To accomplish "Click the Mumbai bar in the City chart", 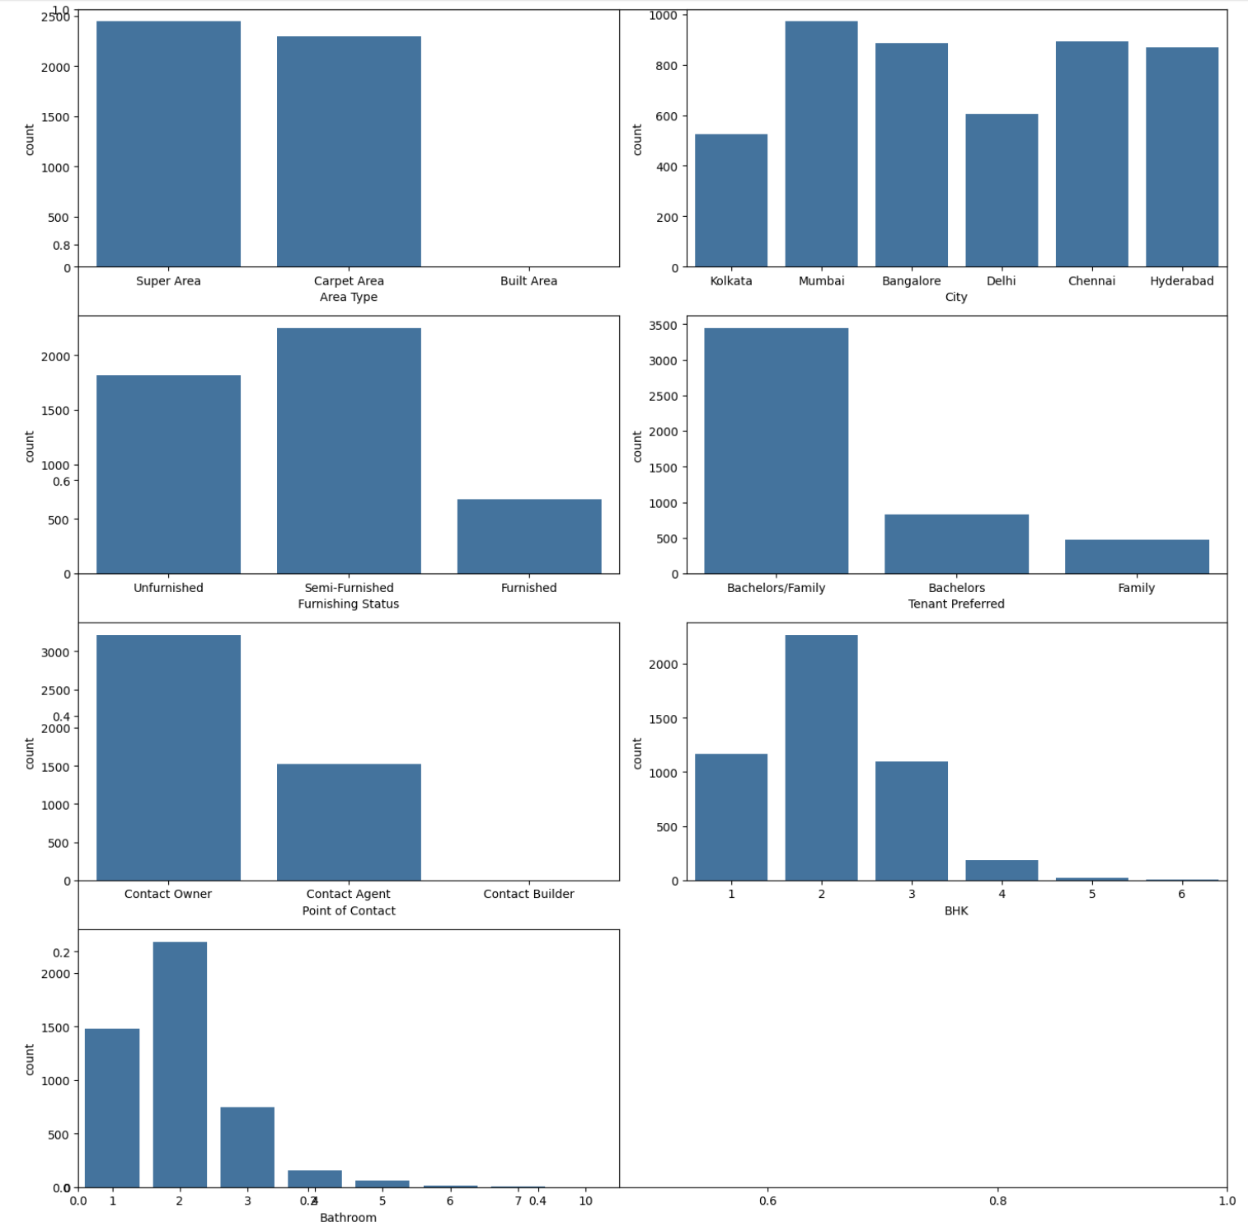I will pyautogui.click(x=821, y=144).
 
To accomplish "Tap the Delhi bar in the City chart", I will pyautogui.click(x=1002, y=190).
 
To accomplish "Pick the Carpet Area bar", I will pyautogui.click(x=349, y=152).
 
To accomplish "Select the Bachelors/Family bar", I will pyautogui.click(x=776, y=451).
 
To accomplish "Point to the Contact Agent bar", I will pyautogui.click(x=349, y=822).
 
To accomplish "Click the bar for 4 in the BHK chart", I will pyautogui.click(x=1002, y=870).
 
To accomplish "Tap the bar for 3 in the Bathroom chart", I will pyautogui.click(x=247, y=1147).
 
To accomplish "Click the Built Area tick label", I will pyautogui.click(x=528, y=281).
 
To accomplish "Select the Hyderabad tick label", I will pyautogui.click(x=1181, y=281).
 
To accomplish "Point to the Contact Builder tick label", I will pyautogui.click(x=528, y=894).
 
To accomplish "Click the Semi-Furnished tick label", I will pyautogui.click(x=349, y=588).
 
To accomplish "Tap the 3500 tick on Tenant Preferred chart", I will pyautogui.click(x=663, y=326).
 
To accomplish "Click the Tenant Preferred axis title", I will pyautogui.click(x=956, y=604).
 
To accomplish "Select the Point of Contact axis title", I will pyautogui.click(x=349, y=910).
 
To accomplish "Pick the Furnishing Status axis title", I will pyautogui.click(x=349, y=604).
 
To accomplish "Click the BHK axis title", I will pyautogui.click(x=956, y=910).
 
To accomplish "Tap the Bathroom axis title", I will pyautogui.click(x=348, y=1217).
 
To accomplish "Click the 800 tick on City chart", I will pyautogui.click(x=666, y=66).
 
